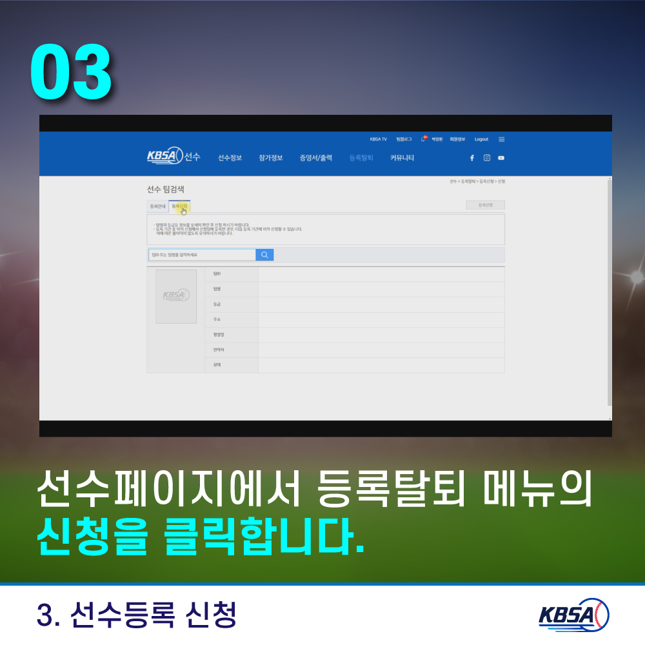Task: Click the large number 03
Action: (71, 73)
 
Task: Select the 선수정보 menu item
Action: (230, 158)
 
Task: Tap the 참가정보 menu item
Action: (271, 158)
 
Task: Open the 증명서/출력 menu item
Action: (315, 158)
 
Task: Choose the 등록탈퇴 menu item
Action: (361, 158)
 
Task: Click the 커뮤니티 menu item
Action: (402, 158)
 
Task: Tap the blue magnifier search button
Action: (264, 255)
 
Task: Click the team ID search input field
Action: (202, 255)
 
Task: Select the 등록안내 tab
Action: (157, 206)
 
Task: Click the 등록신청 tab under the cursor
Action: (179, 206)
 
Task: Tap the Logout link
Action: (481, 139)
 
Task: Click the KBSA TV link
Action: (379, 139)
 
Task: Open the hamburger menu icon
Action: (502, 139)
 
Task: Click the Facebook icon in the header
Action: (471, 158)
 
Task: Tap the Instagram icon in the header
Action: (487, 158)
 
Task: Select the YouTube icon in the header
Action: (501, 158)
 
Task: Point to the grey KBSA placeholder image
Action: (176, 297)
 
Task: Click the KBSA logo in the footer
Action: (573, 615)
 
